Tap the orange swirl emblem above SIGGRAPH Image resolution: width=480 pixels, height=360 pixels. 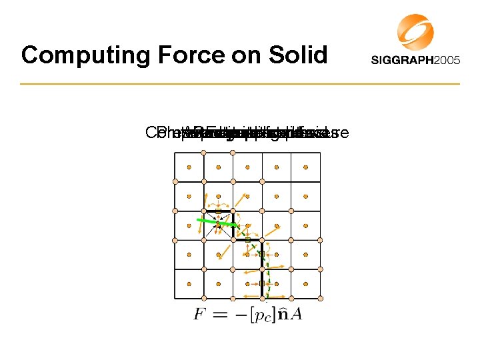(415, 31)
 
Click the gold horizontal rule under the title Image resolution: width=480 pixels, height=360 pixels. (240, 84)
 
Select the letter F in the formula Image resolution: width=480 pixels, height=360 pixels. (199, 314)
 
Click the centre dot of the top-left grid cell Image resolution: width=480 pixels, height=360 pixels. (189, 167)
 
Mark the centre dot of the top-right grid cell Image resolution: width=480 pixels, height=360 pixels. (305, 167)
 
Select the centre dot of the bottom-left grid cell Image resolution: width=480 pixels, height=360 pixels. (189, 283)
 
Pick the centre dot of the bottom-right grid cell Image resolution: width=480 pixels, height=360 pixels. (305, 283)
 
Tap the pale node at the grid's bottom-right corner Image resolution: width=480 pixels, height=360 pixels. (320, 297)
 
